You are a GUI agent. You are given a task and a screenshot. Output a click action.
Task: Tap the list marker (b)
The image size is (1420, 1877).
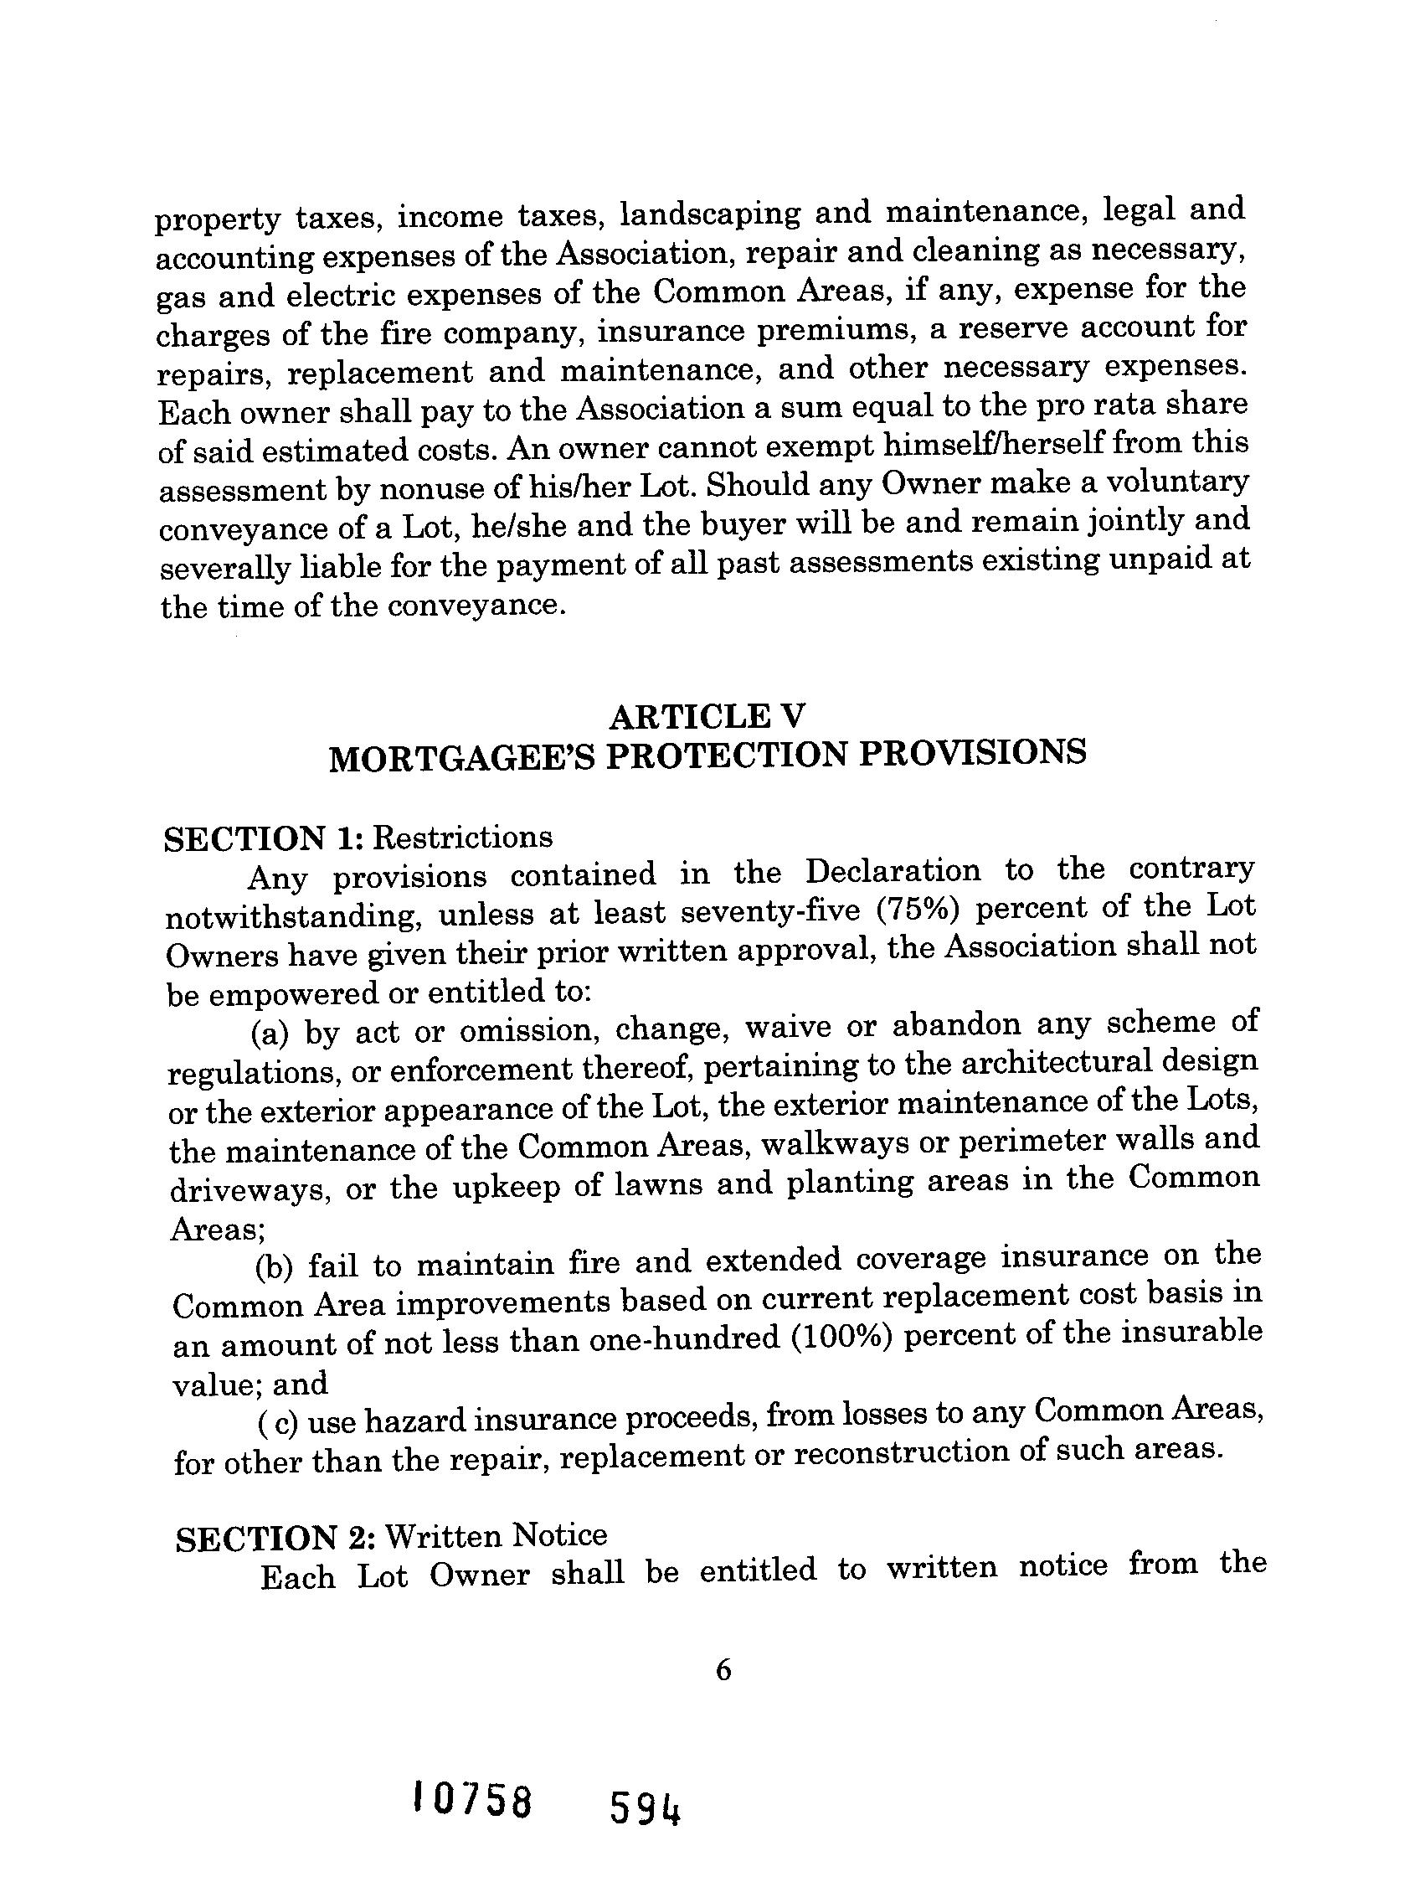pos(274,1267)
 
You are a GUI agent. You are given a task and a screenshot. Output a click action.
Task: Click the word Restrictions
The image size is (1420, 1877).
pos(463,838)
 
